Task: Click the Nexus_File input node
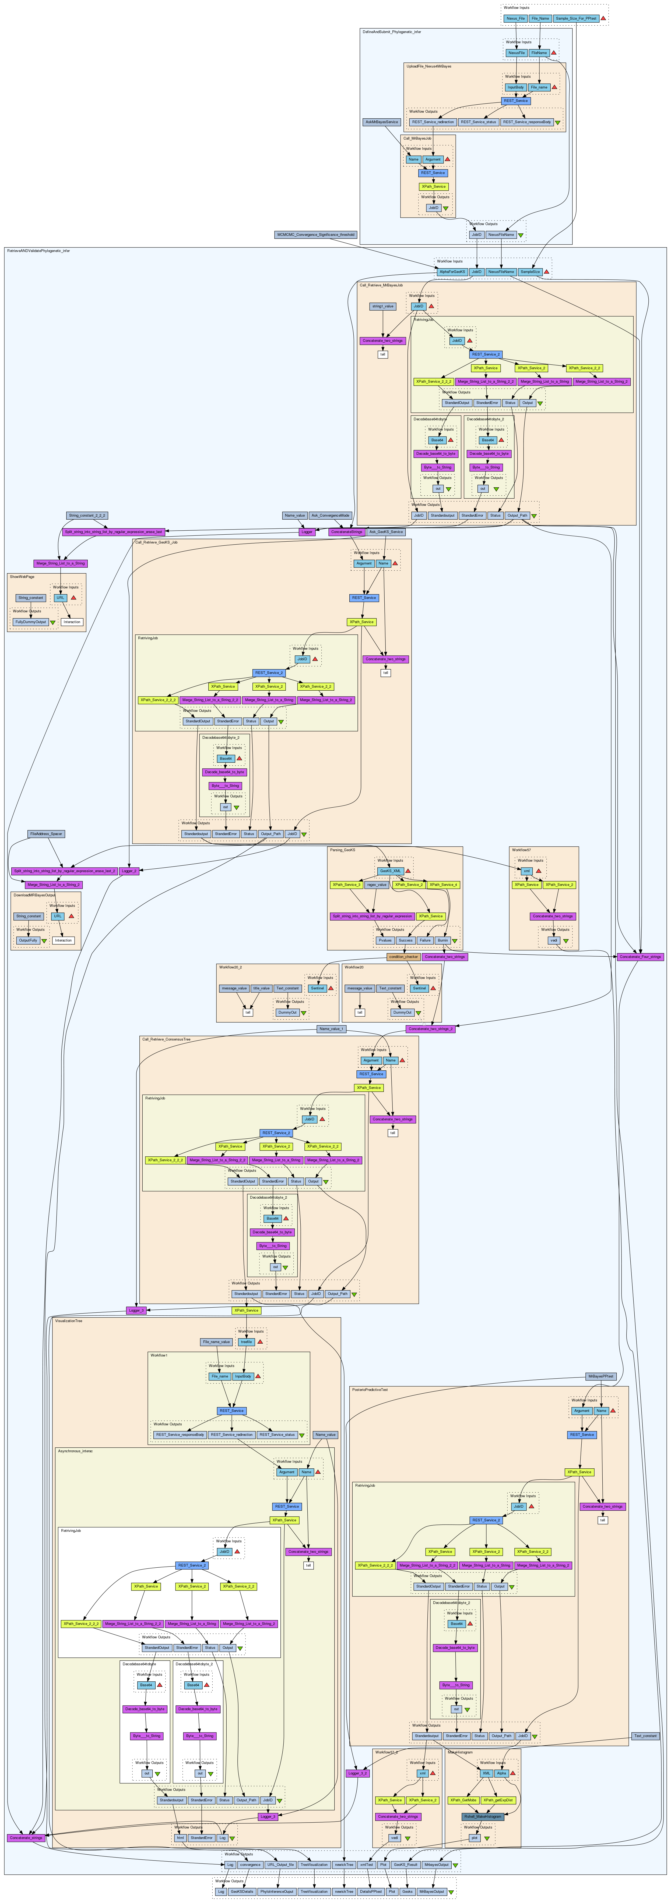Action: point(515,18)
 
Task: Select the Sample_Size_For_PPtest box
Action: point(576,18)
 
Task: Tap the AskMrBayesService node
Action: point(381,122)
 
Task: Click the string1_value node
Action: point(383,306)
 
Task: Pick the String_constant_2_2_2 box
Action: point(87,515)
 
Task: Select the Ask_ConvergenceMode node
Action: point(330,515)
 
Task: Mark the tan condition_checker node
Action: point(403,957)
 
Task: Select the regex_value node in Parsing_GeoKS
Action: point(376,884)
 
